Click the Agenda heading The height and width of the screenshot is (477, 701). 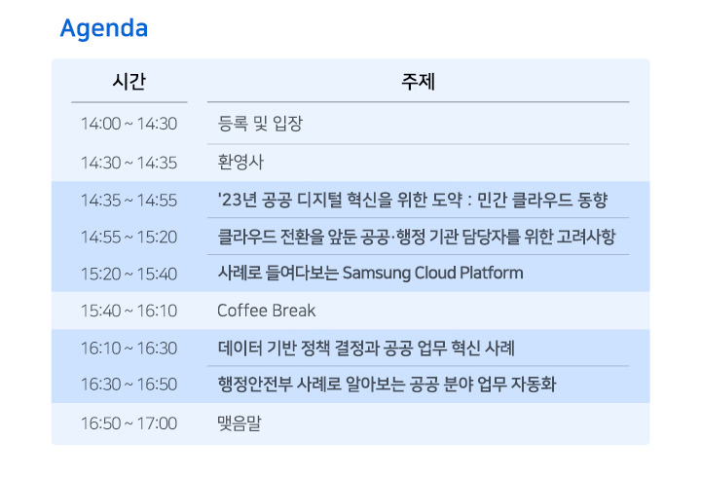coord(104,29)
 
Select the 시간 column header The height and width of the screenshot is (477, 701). coord(129,82)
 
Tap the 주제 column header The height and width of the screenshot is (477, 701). coord(418,82)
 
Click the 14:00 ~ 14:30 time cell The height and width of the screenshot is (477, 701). coord(129,124)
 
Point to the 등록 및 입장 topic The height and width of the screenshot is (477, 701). coord(260,124)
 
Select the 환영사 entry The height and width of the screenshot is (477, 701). coord(240,162)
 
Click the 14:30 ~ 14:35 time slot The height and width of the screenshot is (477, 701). coord(129,164)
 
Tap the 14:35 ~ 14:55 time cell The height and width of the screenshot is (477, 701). coord(129,201)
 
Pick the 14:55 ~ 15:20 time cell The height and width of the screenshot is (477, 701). coord(129,238)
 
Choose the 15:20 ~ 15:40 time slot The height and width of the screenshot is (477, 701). coord(129,275)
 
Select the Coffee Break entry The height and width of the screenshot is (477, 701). coord(267,311)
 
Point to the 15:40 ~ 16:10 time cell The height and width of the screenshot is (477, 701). coord(129,312)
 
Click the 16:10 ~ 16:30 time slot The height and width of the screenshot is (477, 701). coord(129,349)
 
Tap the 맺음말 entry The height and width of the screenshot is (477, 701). coord(240,422)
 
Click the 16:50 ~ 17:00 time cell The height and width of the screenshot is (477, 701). coord(129,423)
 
